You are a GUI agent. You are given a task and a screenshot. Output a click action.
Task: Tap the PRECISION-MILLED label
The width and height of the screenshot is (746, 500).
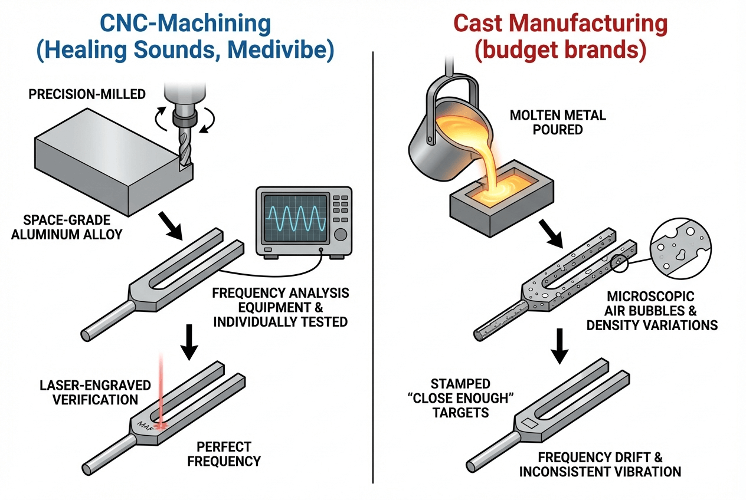click(x=87, y=94)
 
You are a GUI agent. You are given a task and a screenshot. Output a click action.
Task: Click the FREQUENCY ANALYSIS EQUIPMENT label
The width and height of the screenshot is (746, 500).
click(x=280, y=307)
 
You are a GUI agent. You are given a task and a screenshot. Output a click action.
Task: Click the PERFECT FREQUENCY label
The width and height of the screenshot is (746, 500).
click(x=224, y=453)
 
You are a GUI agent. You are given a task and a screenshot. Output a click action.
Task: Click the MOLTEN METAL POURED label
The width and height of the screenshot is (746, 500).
click(x=558, y=122)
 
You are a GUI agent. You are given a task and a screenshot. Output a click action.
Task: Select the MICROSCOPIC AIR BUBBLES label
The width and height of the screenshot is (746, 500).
click(x=652, y=310)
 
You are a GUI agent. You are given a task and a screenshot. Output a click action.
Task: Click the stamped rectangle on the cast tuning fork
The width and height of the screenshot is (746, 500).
click(x=529, y=423)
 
